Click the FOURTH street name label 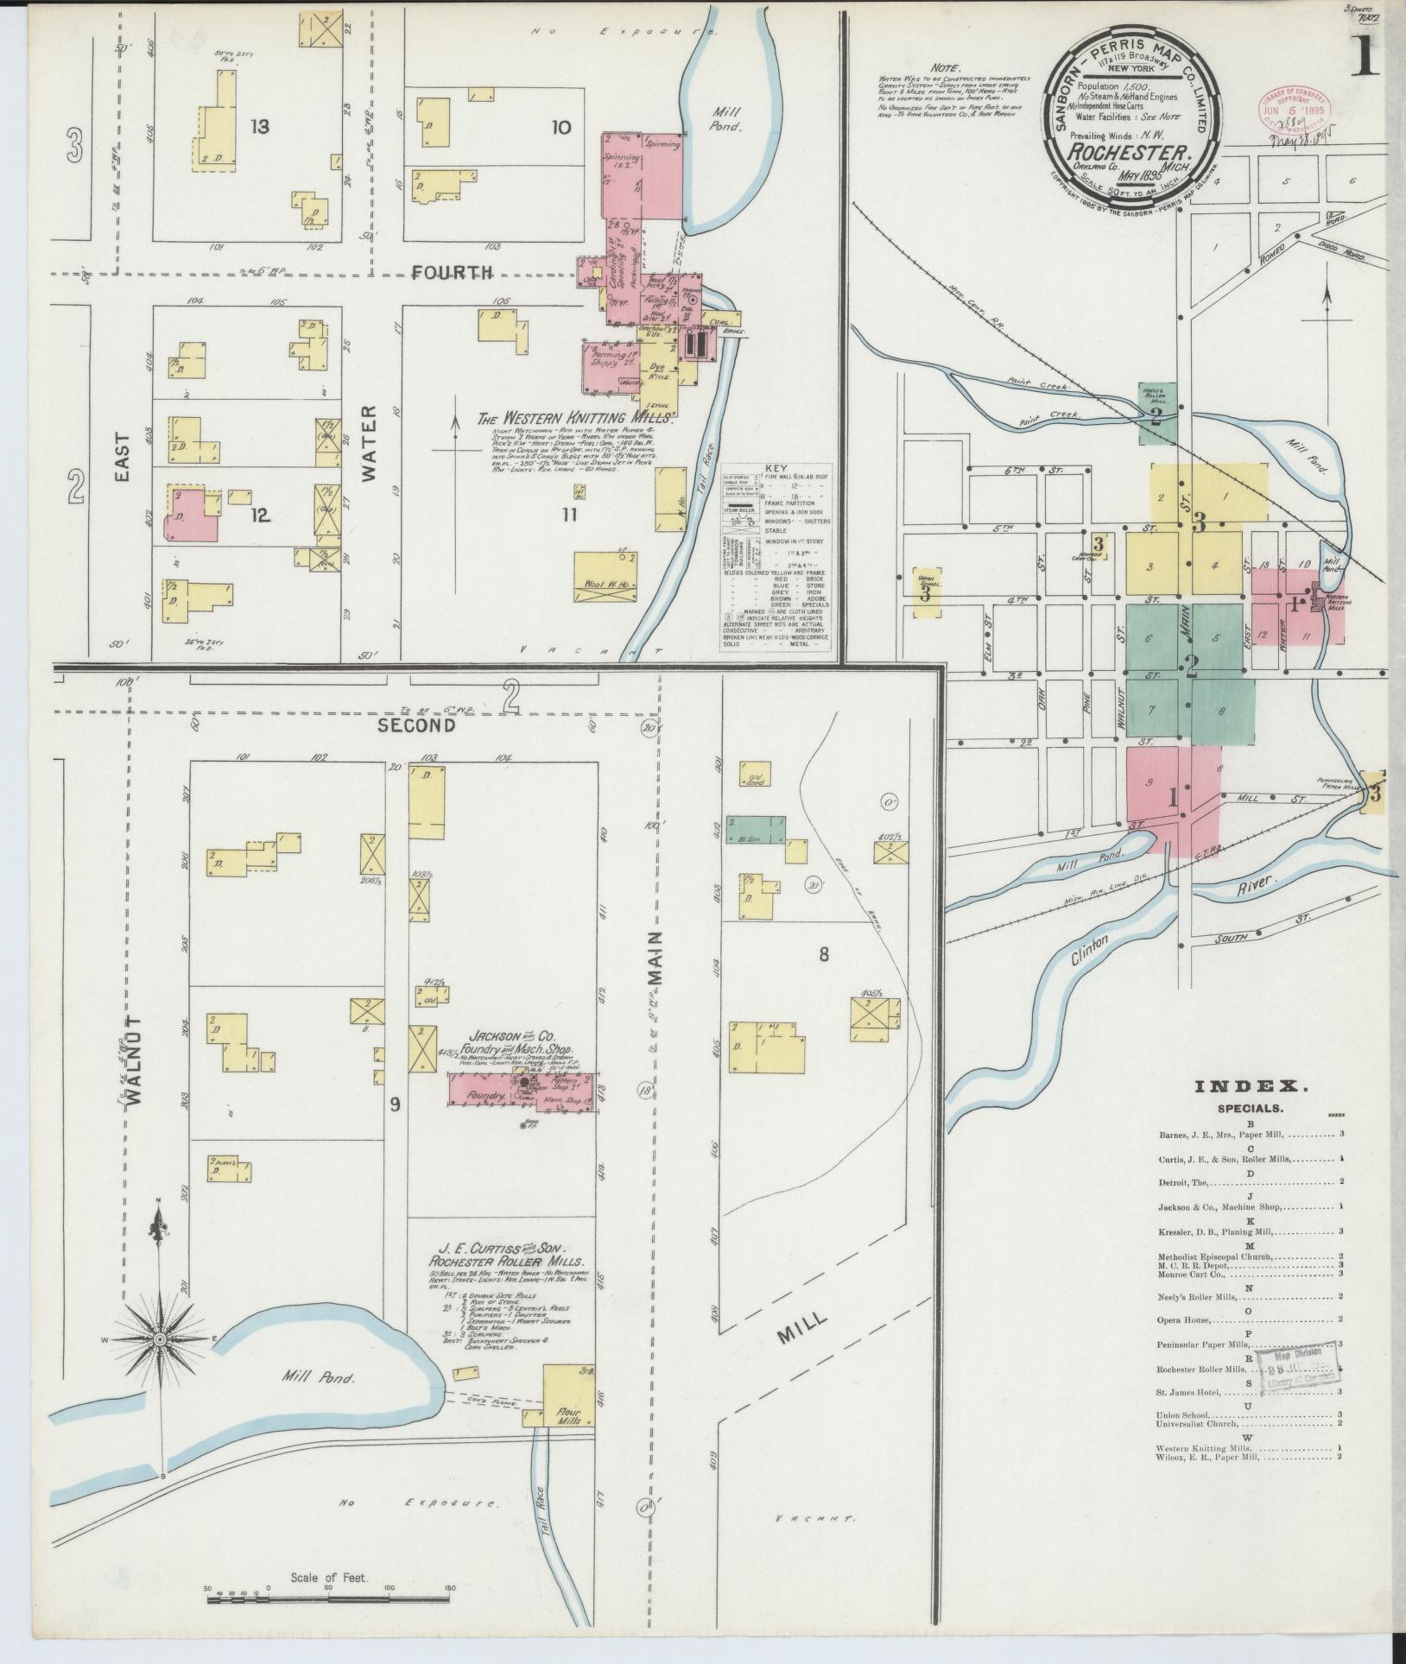(x=452, y=273)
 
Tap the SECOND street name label (x=416, y=726)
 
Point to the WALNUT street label (x=133, y=1059)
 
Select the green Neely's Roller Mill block (x=1157, y=413)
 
